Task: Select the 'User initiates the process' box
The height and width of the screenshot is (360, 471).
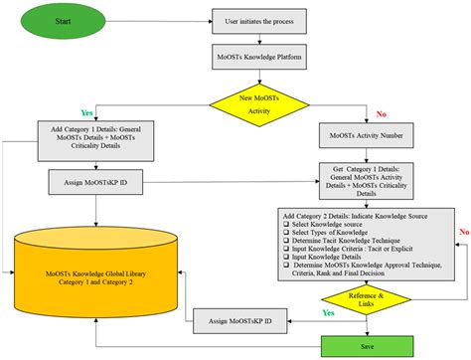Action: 263,20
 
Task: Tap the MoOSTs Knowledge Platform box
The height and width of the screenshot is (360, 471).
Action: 263,61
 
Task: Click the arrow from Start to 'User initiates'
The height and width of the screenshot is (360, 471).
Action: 164,20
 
